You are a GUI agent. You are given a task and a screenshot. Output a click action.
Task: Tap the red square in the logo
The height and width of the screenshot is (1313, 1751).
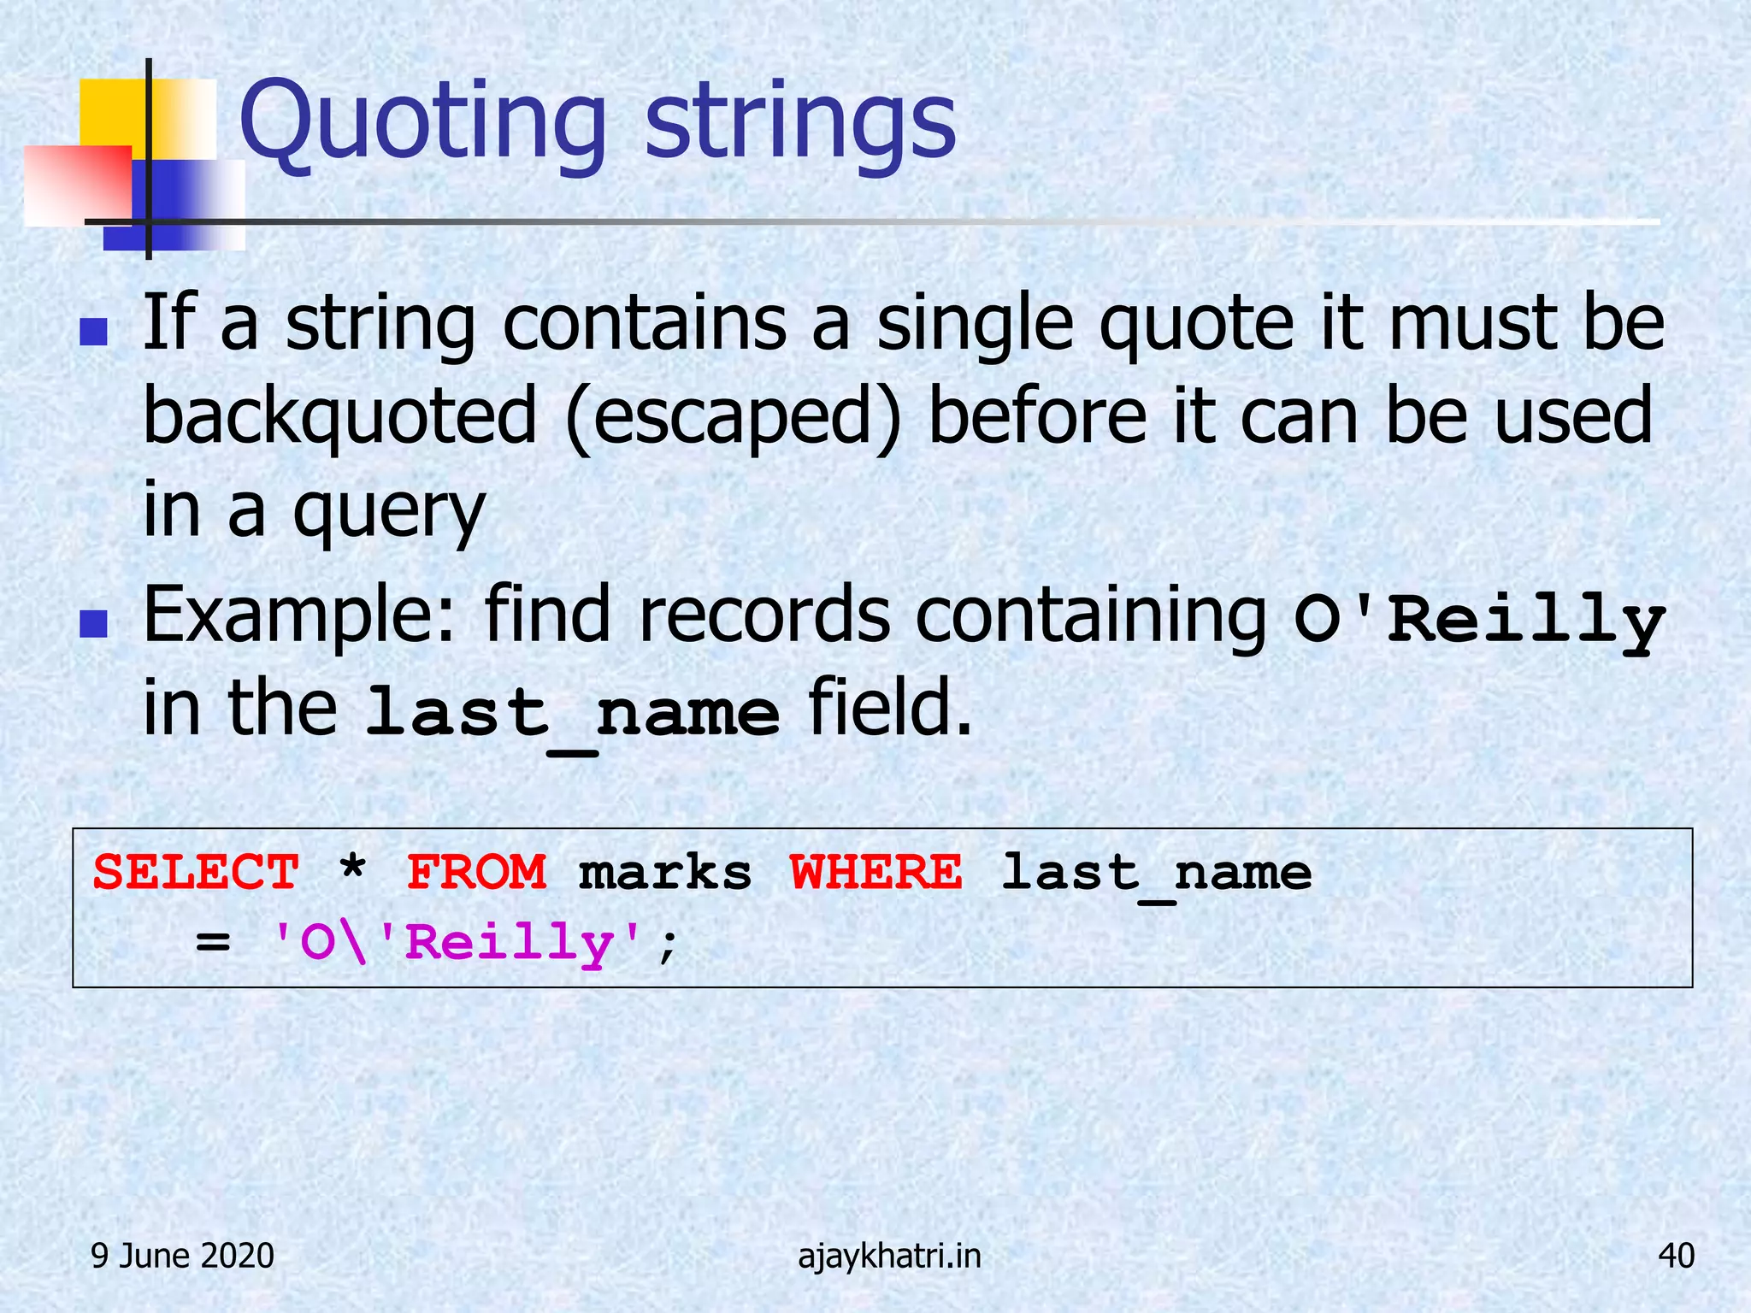[77, 184]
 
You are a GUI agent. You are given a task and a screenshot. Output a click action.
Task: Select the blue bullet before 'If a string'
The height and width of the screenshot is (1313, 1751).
[93, 333]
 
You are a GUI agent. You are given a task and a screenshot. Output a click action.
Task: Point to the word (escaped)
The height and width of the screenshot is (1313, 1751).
[733, 418]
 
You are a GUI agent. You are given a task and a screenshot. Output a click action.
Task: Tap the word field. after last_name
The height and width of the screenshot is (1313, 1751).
[889, 708]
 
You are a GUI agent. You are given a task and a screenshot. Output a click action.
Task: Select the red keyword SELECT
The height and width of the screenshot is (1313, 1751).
[196, 873]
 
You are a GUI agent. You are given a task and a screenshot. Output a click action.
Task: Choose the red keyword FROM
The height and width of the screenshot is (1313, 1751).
[476, 873]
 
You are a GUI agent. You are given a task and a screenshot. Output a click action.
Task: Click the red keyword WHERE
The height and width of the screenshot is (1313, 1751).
[875, 873]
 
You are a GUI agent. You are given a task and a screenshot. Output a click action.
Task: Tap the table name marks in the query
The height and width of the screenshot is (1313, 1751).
[664, 873]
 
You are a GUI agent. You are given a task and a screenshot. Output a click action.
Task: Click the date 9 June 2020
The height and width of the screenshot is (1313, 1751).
[182, 1256]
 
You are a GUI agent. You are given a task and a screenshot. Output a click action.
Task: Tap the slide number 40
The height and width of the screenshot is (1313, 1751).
[1675, 1256]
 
